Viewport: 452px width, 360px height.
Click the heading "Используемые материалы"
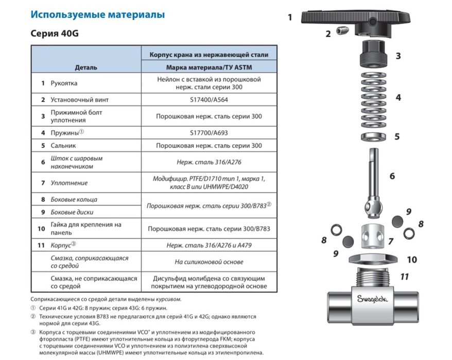(x=97, y=14)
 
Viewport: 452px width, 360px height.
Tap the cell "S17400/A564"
(x=209, y=99)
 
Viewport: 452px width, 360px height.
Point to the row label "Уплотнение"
(x=69, y=183)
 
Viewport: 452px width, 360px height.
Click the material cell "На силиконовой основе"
(x=209, y=262)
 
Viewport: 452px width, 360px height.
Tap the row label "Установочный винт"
(x=80, y=99)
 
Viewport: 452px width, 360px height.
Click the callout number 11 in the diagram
(x=405, y=277)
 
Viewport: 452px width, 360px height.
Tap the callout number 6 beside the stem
(x=392, y=176)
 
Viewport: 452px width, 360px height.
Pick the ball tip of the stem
(x=372, y=205)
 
